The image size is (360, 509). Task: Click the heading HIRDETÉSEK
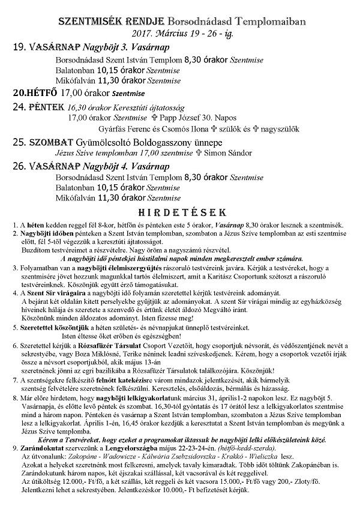[181, 212]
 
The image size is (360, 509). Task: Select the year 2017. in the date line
[128, 34]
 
